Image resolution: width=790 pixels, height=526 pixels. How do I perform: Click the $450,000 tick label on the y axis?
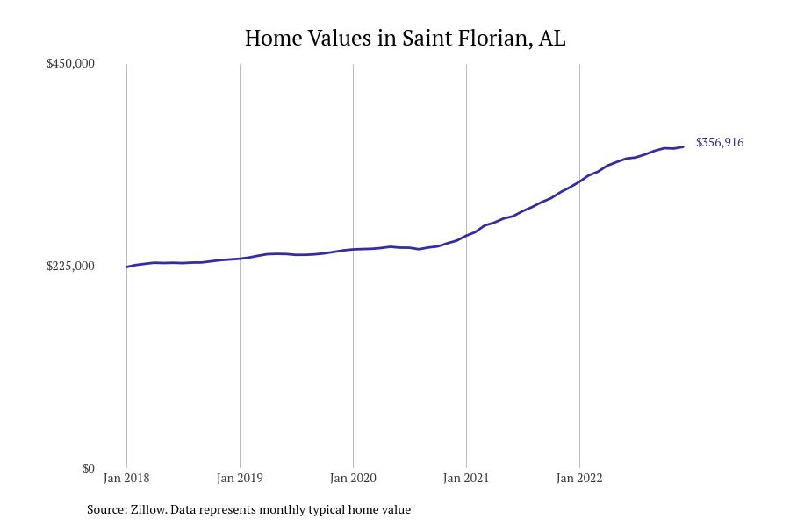point(70,64)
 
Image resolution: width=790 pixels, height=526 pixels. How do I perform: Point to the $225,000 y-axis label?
point(70,267)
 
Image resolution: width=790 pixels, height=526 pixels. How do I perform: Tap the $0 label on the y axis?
point(88,468)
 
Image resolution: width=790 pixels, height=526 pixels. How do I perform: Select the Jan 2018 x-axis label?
point(126,479)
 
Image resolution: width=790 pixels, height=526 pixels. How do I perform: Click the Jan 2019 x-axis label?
point(240,479)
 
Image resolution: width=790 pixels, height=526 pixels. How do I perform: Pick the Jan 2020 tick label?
point(353,479)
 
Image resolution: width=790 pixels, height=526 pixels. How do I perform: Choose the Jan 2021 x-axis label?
point(466,479)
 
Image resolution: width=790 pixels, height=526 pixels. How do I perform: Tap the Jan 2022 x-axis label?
point(579,479)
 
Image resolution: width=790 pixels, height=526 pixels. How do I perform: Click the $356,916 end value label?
point(719,143)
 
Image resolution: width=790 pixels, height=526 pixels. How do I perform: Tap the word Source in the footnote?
point(105,509)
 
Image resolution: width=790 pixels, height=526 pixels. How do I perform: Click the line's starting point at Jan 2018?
point(126,267)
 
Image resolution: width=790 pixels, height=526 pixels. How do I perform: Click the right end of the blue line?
point(683,146)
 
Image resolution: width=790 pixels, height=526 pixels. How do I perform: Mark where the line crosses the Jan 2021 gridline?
point(466,235)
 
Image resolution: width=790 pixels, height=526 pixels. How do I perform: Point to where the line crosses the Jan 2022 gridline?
point(579,181)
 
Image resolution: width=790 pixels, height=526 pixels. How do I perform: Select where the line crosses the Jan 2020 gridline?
point(353,250)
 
